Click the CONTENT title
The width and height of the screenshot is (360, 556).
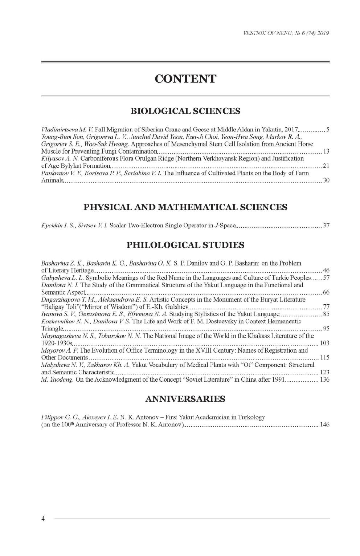(185, 79)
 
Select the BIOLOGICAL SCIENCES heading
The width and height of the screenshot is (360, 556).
(185, 111)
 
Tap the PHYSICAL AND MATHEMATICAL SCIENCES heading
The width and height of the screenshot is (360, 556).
(185, 207)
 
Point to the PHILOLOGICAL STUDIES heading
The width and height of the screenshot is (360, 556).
(185, 245)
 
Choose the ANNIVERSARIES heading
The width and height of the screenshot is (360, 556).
(185, 399)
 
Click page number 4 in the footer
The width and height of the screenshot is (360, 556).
(43, 519)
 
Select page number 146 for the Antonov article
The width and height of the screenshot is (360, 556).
(324, 425)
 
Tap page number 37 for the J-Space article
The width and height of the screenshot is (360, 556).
(326, 226)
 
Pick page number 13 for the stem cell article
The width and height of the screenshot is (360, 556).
(326, 151)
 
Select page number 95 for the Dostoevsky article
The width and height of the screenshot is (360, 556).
(326, 329)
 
